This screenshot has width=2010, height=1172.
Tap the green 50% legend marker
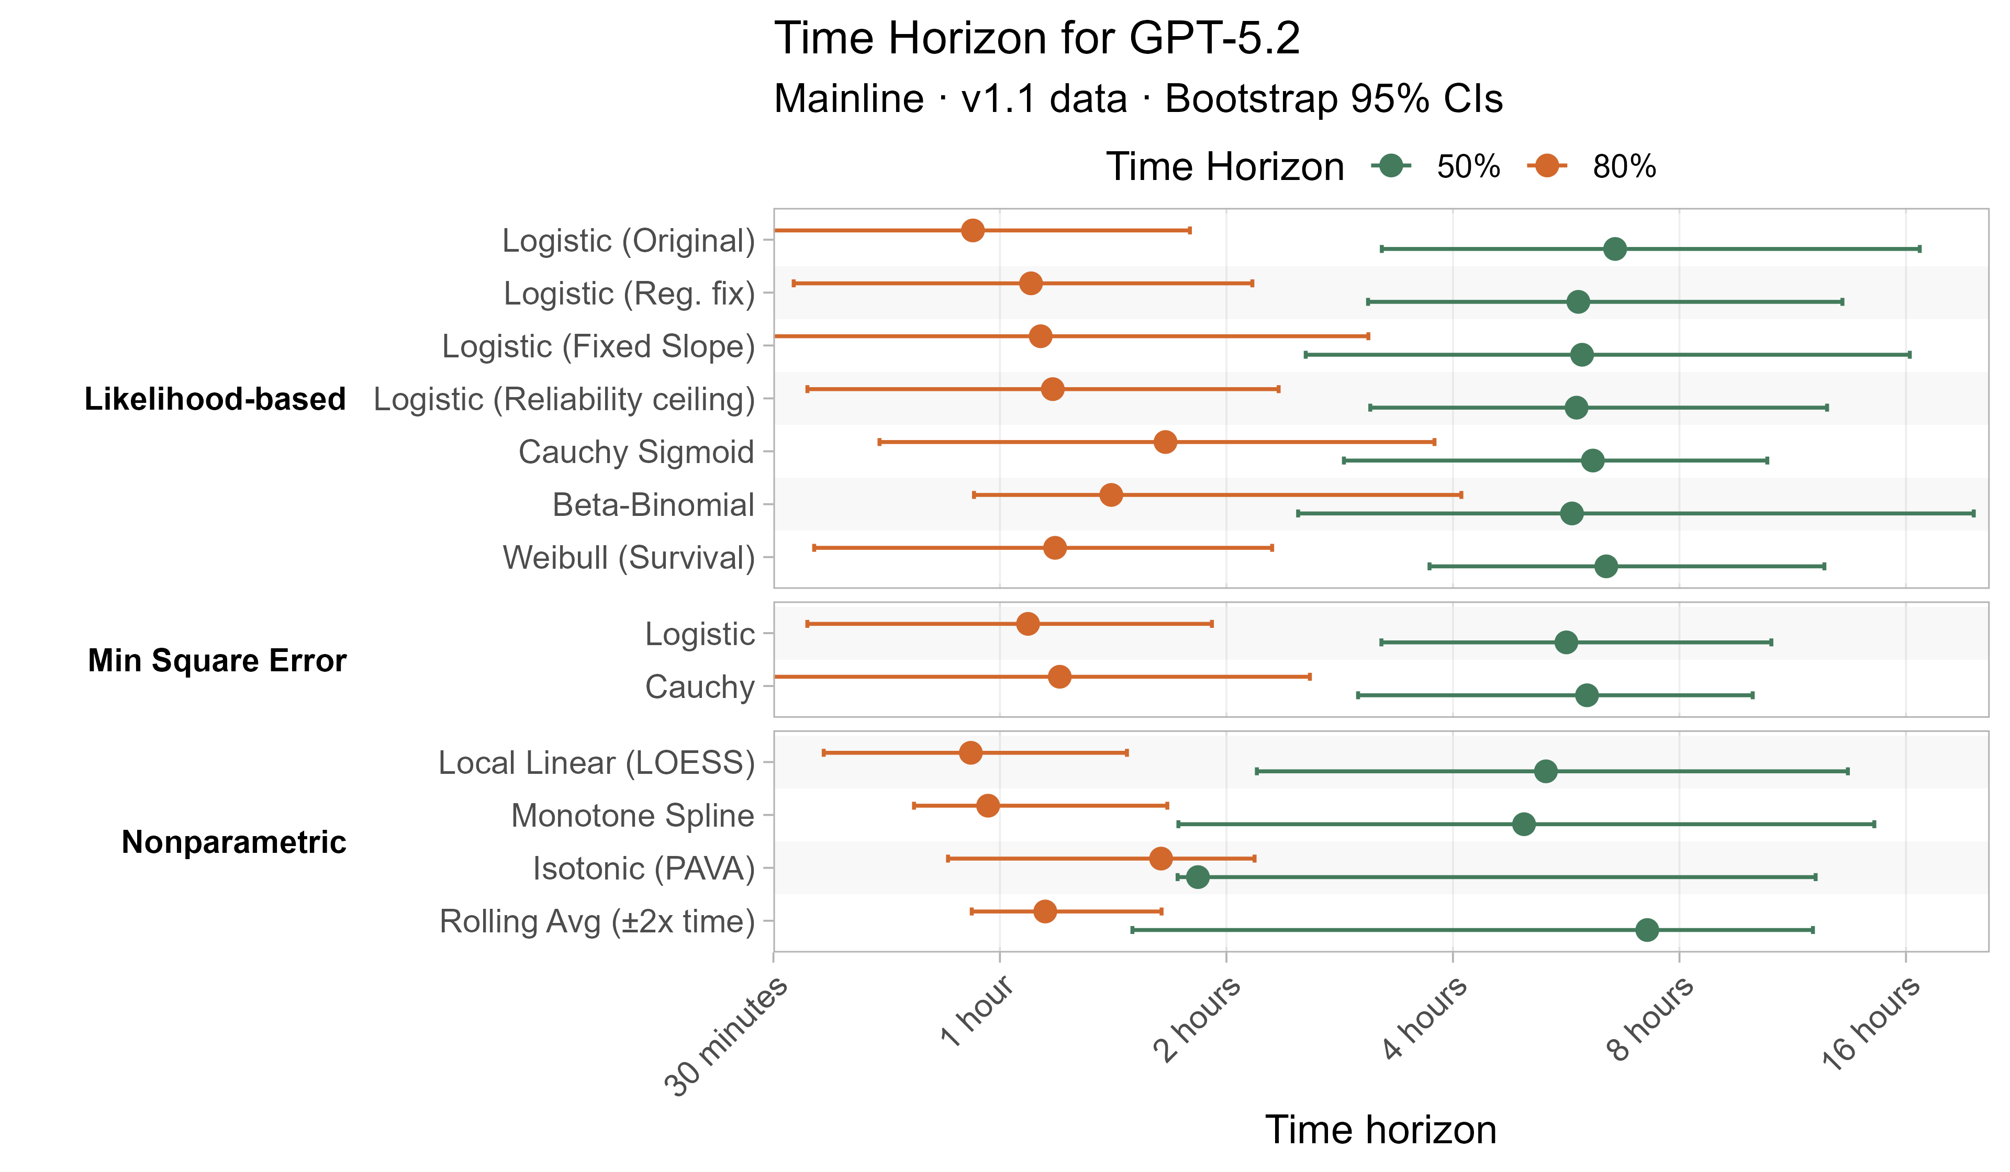[x=1391, y=166]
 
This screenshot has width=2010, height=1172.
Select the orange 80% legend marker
[x=1547, y=166]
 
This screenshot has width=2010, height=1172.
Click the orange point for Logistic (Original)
[x=973, y=230]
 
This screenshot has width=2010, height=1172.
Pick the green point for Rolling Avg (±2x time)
[x=1646, y=930]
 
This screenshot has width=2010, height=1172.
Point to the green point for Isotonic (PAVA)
[x=1197, y=877]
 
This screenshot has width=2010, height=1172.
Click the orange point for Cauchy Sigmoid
[x=1165, y=442]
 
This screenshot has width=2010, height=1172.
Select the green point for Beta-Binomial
[x=1571, y=513]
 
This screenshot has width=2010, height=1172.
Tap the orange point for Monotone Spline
[x=987, y=805]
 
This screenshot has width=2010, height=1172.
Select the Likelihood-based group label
[x=215, y=399]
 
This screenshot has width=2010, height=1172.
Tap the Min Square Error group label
[x=217, y=660]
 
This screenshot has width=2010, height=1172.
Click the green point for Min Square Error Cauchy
[x=1587, y=695]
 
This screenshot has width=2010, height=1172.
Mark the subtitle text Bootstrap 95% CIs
[x=1334, y=99]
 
